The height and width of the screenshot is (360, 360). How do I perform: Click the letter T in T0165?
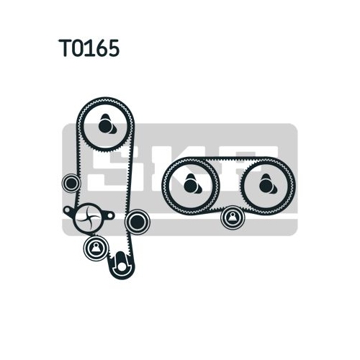[x=66, y=48]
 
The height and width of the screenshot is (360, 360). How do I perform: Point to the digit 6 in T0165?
[x=101, y=48]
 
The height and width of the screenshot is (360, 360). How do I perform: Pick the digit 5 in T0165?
[x=113, y=48]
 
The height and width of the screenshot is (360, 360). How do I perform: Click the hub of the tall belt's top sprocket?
[x=107, y=125]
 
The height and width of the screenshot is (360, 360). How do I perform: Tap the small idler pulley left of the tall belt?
[x=71, y=183]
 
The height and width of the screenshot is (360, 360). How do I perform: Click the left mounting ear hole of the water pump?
[x=68, y=210]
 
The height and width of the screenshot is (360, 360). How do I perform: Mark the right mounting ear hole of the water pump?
[x=109, y=215]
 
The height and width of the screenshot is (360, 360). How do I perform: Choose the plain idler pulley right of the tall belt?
[x=138, y=222]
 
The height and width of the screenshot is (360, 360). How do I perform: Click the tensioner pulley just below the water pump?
[x=96, y=248]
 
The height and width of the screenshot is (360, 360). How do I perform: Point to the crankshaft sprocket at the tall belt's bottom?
[x=121, y=265]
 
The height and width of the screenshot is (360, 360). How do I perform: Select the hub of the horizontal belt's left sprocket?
[x=191, y=185]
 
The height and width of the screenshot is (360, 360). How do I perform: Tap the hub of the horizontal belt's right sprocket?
[x=266, y=185]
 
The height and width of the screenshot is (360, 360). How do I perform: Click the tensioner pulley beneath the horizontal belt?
[x=233, y=217]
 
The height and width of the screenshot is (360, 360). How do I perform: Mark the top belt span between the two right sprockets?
[x=229, y=159]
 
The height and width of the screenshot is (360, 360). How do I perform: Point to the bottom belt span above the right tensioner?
[x=229, y=207]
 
